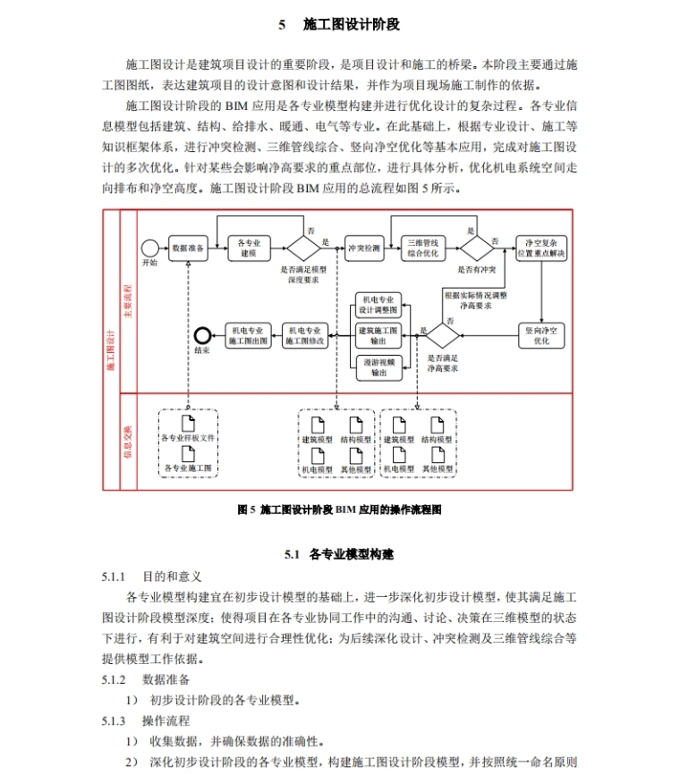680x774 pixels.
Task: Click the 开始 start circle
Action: pos(149,248)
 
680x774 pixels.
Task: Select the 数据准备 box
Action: pos(190,248)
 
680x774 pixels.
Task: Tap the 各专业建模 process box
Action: pos(250,248)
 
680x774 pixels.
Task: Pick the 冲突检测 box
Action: pos(363,248)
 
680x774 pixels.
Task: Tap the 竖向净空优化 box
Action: pos(541,334)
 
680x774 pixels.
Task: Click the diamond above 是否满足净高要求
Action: pos(442,334)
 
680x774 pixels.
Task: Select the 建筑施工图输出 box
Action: pos(377,334)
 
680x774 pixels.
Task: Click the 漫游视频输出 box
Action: pos(377,366)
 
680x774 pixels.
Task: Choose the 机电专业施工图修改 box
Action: pos(306,334)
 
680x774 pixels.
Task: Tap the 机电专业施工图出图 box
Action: pos(248,334)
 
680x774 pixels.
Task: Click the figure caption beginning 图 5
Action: pos(339,509)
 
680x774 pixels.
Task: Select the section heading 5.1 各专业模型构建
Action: pos(339,554)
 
